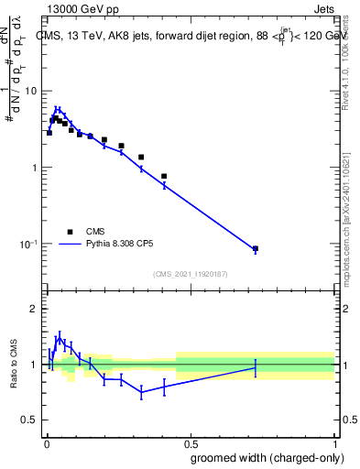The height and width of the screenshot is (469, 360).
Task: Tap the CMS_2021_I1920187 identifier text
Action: tap(191, 273)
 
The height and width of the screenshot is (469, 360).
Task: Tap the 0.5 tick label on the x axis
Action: tap(190, 442)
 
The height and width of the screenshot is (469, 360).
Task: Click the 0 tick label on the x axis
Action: tap(45, 442)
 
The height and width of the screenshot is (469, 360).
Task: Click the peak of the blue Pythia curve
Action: tap(57, 108)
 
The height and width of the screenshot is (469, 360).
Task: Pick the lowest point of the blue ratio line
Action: tap(141, 392)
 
